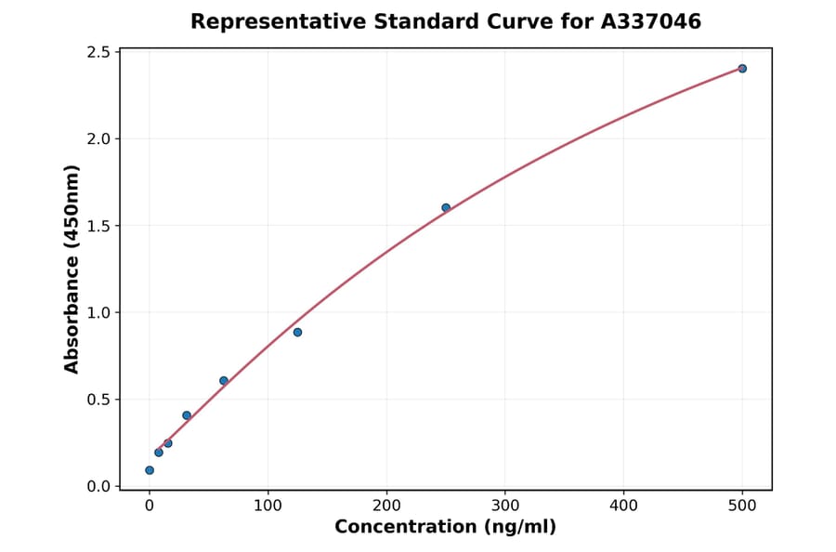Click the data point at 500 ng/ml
pos(742,69)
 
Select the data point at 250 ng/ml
pos(446,207)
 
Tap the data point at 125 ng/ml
pos(297,332)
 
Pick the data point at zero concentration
pos(150,470)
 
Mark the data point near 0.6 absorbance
pos(224,380)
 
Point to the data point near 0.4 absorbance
pos(187,415)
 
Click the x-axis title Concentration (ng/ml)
pos(446,528)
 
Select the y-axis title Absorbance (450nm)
pos(72,269)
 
